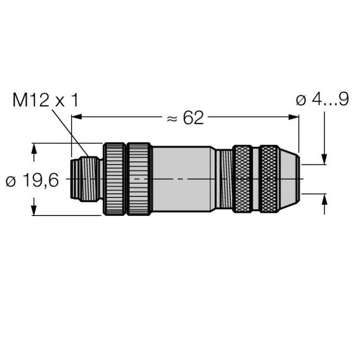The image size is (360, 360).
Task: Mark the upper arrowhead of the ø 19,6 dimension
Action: click(x=35, y=149)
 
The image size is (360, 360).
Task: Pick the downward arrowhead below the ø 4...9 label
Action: click(x=324, y=159)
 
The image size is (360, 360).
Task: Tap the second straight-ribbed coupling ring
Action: click(x=139, y=179)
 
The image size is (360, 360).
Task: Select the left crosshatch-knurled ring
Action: click(x=245, y=179)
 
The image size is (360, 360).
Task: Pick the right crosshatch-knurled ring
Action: click(x=269, y=179)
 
